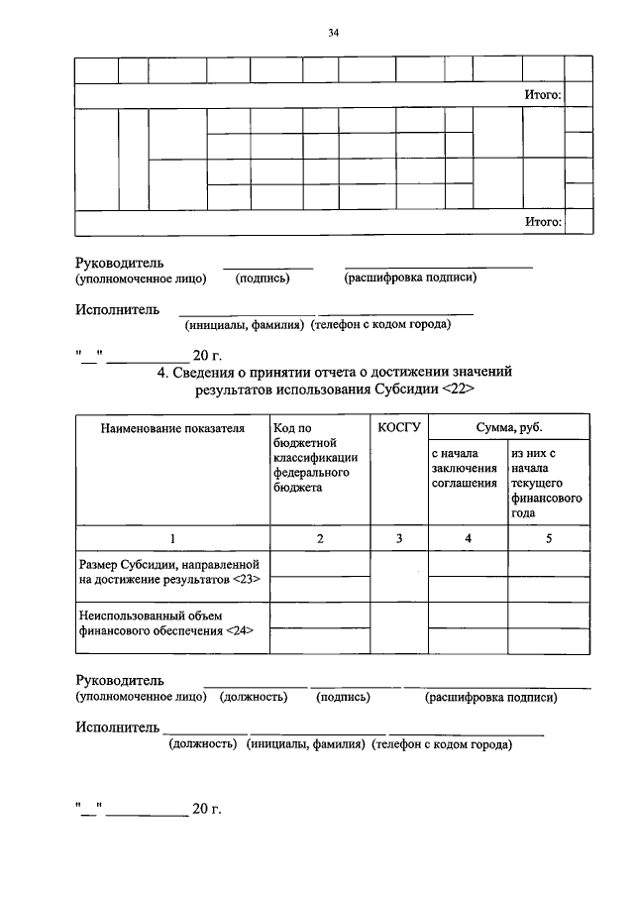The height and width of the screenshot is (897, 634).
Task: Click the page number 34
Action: (x=334, y=33)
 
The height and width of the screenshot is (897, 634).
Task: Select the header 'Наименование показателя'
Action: (x=171, y=428)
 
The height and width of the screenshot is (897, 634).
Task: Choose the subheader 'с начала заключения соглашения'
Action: (x=465, y=468)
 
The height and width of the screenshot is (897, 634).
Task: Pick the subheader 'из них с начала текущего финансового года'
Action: (x=547, y=483)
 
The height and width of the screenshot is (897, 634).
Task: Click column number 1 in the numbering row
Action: (x=171, y=538)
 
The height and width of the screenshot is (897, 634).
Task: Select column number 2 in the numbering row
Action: (x=319, y=538)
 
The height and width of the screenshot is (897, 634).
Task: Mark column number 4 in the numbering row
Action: (x=468, y=538)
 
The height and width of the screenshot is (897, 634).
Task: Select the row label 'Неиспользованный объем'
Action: (x=144, y=616)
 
